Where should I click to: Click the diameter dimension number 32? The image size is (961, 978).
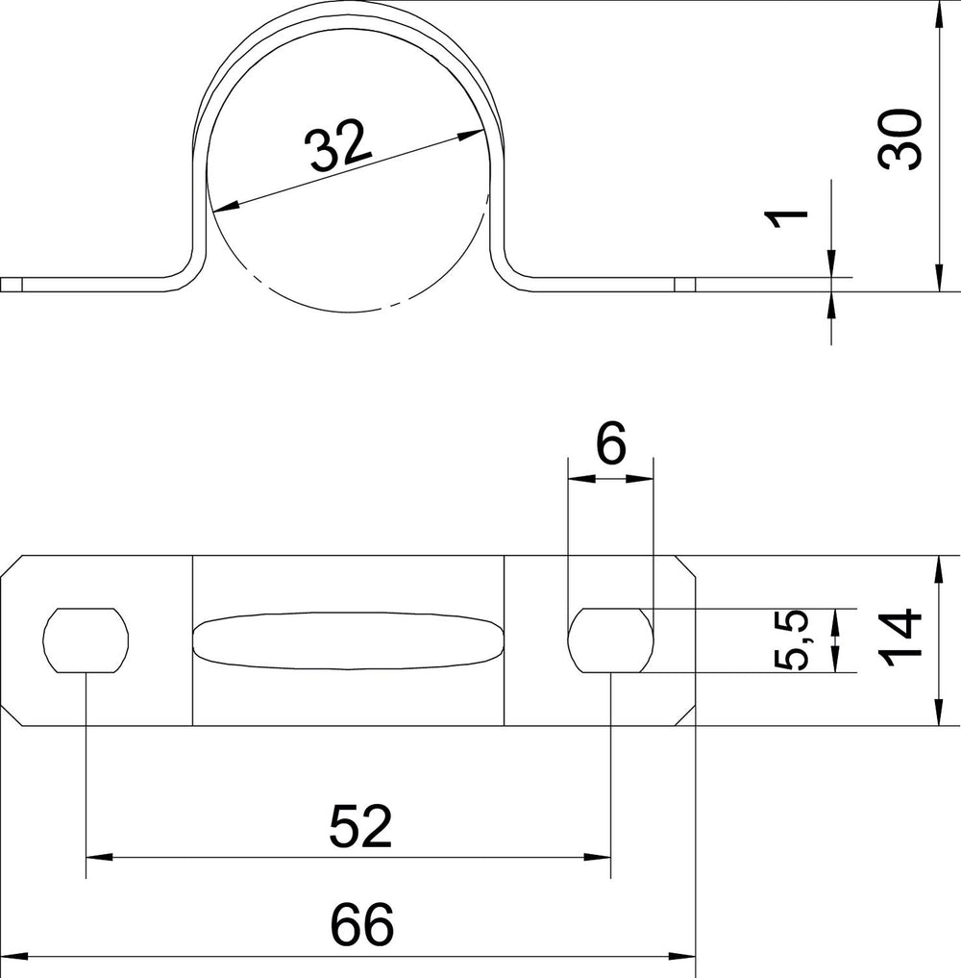[340, 146]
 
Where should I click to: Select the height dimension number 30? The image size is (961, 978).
[899, 139]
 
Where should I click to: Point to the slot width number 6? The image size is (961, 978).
[611, 444]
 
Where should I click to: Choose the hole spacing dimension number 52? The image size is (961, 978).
[360, 826]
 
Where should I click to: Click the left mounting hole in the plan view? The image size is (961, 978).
[86, 640]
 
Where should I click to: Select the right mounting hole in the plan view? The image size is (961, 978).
[611, 640]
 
